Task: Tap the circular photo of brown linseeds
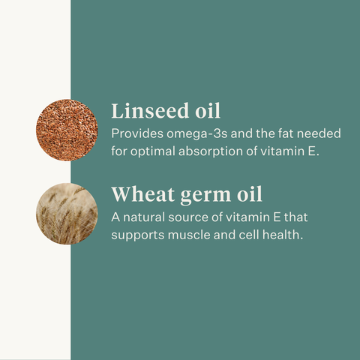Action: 67,129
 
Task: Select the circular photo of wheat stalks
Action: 66,212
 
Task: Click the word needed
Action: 320,134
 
